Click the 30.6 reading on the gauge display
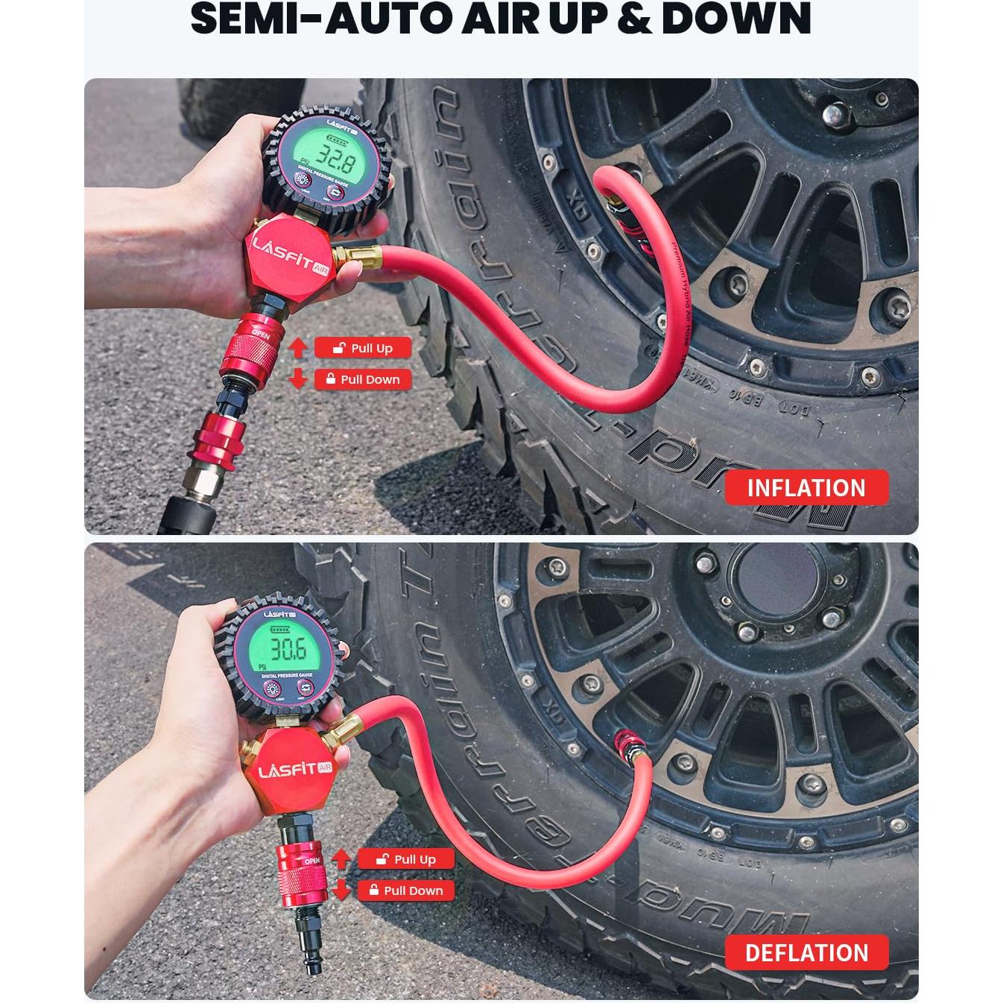click(288, 649)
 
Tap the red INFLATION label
click(806, 488)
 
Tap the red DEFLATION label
click(806, 952)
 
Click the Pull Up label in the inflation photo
click(363, 348)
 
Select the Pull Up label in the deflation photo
click(406, 859)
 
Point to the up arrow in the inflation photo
click(298, 347)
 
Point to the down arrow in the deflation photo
click(341, 890)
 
